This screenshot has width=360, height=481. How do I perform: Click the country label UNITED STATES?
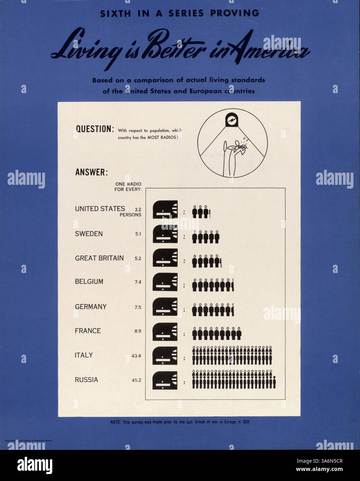(100, 209)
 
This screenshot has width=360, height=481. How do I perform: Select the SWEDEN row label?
(89, 234)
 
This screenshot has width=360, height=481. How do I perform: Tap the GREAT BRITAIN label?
(99, 258)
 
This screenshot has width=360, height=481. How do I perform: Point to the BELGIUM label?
(89, 282)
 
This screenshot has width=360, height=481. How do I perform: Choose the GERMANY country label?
(91, 307)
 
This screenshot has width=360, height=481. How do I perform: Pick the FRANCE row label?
(88, 331)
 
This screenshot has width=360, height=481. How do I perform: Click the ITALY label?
(84, 355)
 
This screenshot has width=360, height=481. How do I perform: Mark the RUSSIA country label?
(86, 380)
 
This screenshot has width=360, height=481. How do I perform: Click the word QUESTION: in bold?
(94, 129)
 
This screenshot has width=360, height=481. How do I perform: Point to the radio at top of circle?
(230, 120)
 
